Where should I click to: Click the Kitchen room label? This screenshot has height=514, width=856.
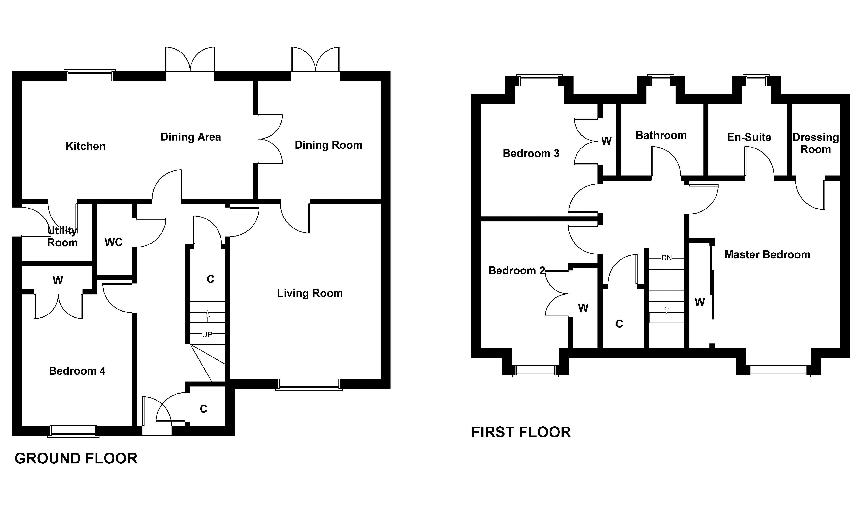(85, 146)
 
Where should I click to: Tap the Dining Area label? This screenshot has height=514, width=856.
(191, 137)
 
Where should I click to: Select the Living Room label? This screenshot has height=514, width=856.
(310, 293)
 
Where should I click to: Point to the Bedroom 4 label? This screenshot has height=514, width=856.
(77, 371)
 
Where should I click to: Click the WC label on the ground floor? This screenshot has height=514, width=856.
(114, 242)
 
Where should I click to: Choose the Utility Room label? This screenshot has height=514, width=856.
(62, 237)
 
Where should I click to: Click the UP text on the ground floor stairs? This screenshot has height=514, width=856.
(207, 335)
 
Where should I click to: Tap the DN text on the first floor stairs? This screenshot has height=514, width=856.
(666, 258)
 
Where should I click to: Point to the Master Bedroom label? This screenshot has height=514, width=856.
(767, 255)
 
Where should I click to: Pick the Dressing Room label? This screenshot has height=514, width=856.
(816, 143)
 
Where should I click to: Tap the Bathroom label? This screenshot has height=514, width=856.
(661, 135)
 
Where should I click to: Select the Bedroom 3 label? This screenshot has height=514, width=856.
(531, 153)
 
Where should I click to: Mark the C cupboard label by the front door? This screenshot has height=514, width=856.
(203, 409)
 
